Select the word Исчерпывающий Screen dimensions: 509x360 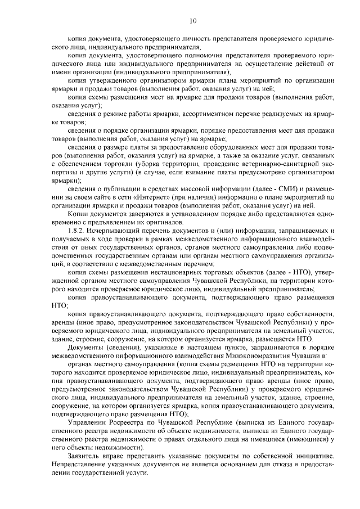(114, 231)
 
